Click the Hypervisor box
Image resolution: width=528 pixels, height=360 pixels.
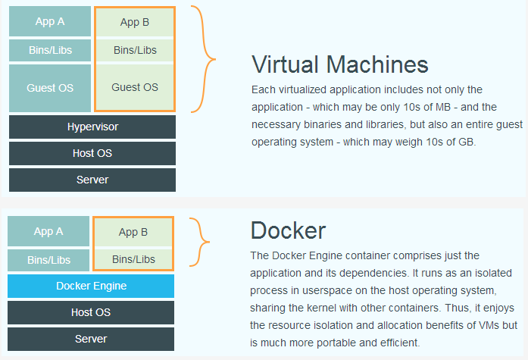tap(92, 127)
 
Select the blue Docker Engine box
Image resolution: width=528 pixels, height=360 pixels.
tap(91, 286)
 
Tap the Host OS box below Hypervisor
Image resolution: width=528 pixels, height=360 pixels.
tap(92, 153)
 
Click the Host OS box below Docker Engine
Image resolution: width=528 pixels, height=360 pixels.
tap(91, 312)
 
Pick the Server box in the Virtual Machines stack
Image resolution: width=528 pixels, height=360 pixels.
tap(92, 180)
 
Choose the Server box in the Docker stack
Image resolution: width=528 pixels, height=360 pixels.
tap(91, 339)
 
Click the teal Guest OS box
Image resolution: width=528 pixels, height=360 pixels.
tap(50, 88)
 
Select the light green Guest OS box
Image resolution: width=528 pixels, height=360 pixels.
tap(135, 87)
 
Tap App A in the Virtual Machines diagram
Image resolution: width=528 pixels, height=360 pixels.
tap(50, 21)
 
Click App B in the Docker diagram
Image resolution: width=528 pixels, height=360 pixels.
tap(133, 233)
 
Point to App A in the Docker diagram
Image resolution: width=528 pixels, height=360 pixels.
tap(48, 231)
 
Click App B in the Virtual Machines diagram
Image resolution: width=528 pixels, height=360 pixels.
tap(135, 22)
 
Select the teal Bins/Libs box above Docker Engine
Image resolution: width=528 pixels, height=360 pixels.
tap(48, 260)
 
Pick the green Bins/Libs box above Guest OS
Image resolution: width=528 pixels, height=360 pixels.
tap(135, 51)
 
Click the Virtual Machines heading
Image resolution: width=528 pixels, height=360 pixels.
tap(340, 64)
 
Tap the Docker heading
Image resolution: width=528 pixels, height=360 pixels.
tap(288, 230)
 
